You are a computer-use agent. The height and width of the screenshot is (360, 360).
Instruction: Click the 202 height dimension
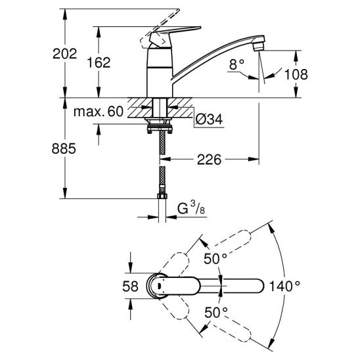[64, 54]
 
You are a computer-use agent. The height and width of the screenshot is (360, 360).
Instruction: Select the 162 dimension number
[99, 62]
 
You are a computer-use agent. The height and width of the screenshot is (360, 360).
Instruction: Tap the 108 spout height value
[296, 74]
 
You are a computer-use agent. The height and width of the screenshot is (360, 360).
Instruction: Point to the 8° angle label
[237, 64]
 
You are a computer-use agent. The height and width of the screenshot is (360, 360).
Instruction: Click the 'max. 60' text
[99, 112]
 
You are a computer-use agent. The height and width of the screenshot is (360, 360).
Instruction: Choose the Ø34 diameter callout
[209, 119]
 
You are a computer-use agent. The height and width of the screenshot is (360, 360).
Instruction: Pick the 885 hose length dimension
[64, 148]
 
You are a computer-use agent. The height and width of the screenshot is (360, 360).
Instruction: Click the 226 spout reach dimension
[209, 160]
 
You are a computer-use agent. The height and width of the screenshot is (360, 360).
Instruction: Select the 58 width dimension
[131, 286]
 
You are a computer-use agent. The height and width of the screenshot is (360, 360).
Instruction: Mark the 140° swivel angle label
[284, 286]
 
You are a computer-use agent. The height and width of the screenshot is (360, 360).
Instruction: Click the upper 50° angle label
[215, 259]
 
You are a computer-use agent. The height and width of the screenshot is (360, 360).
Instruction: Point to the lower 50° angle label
[216, 313]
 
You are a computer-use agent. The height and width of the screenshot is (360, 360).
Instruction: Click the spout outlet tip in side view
[259, 46]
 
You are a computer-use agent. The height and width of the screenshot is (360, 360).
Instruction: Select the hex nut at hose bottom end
[162, 196]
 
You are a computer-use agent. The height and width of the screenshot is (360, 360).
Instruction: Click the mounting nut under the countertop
[160, 129]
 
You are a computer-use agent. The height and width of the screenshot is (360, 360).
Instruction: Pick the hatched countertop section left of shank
[140, 108]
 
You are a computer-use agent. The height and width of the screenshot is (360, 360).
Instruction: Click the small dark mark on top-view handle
[158, 286]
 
